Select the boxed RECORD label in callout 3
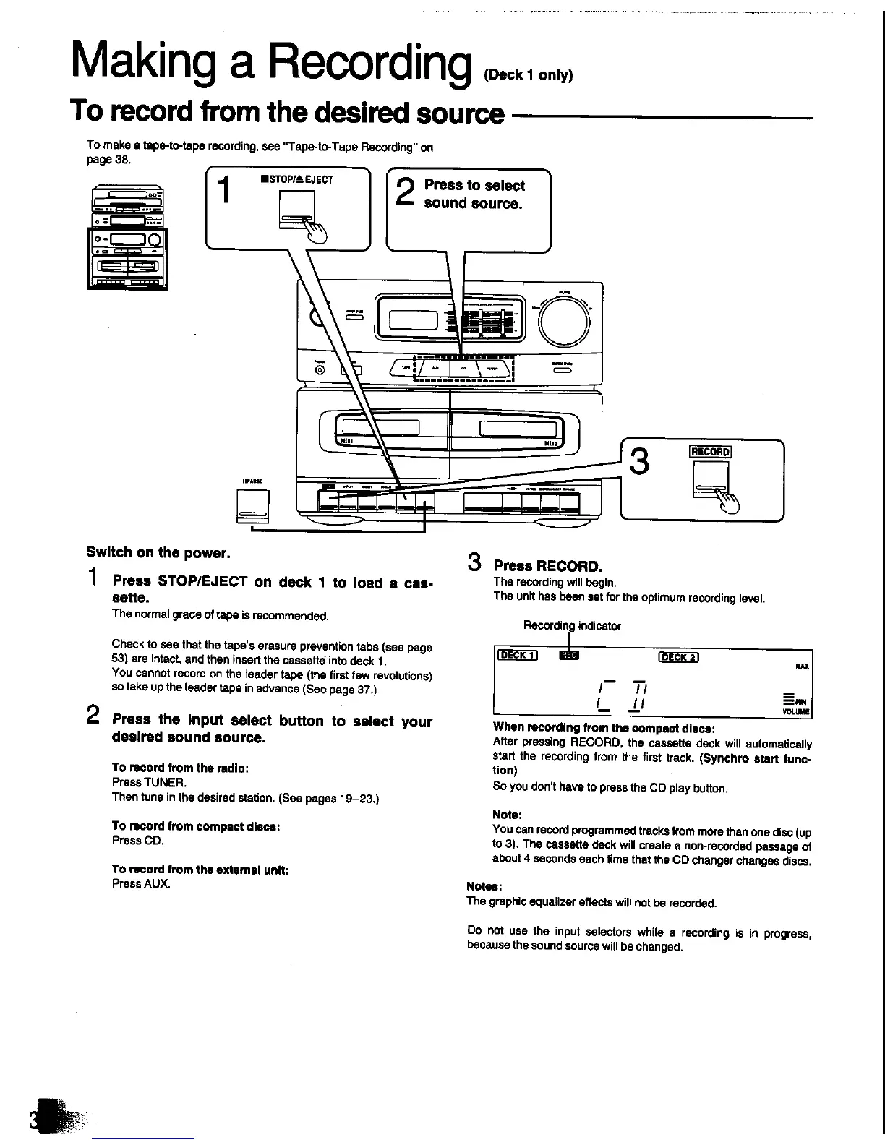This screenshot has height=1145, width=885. [x=711, y=453]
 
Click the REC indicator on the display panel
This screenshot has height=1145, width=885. [x=570, y=656]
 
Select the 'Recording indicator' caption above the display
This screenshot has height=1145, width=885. [x=572, y=625]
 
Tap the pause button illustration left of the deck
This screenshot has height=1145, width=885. [x=252, y=505]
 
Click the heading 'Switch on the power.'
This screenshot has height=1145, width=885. [x=158, y=553]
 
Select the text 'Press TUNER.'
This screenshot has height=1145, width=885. [x=140, y=782]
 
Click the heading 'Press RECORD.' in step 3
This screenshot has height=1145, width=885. [x=547, y=565]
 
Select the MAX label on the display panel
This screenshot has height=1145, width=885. [x=802, y=666]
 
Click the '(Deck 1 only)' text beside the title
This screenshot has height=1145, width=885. [x=530, y=76]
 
